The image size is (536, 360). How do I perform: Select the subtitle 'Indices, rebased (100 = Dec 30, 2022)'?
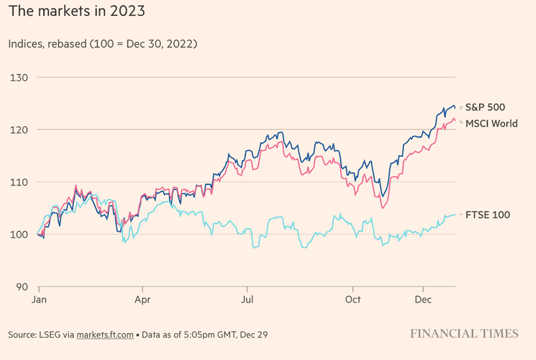102,44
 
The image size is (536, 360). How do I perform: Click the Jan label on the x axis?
38,299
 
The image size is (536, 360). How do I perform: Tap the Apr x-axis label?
142,299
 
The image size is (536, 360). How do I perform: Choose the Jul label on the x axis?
247,299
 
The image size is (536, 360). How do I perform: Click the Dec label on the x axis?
423,299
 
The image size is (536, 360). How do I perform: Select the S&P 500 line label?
485,107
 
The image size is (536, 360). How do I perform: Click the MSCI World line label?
491,124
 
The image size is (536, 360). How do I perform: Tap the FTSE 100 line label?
488,214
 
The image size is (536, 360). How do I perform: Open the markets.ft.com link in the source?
105,335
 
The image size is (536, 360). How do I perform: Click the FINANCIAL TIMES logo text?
464,334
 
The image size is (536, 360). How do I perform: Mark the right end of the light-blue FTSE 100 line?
455,214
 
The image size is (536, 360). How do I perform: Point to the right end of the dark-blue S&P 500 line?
455,109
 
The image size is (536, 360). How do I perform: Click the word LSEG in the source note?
50,335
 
